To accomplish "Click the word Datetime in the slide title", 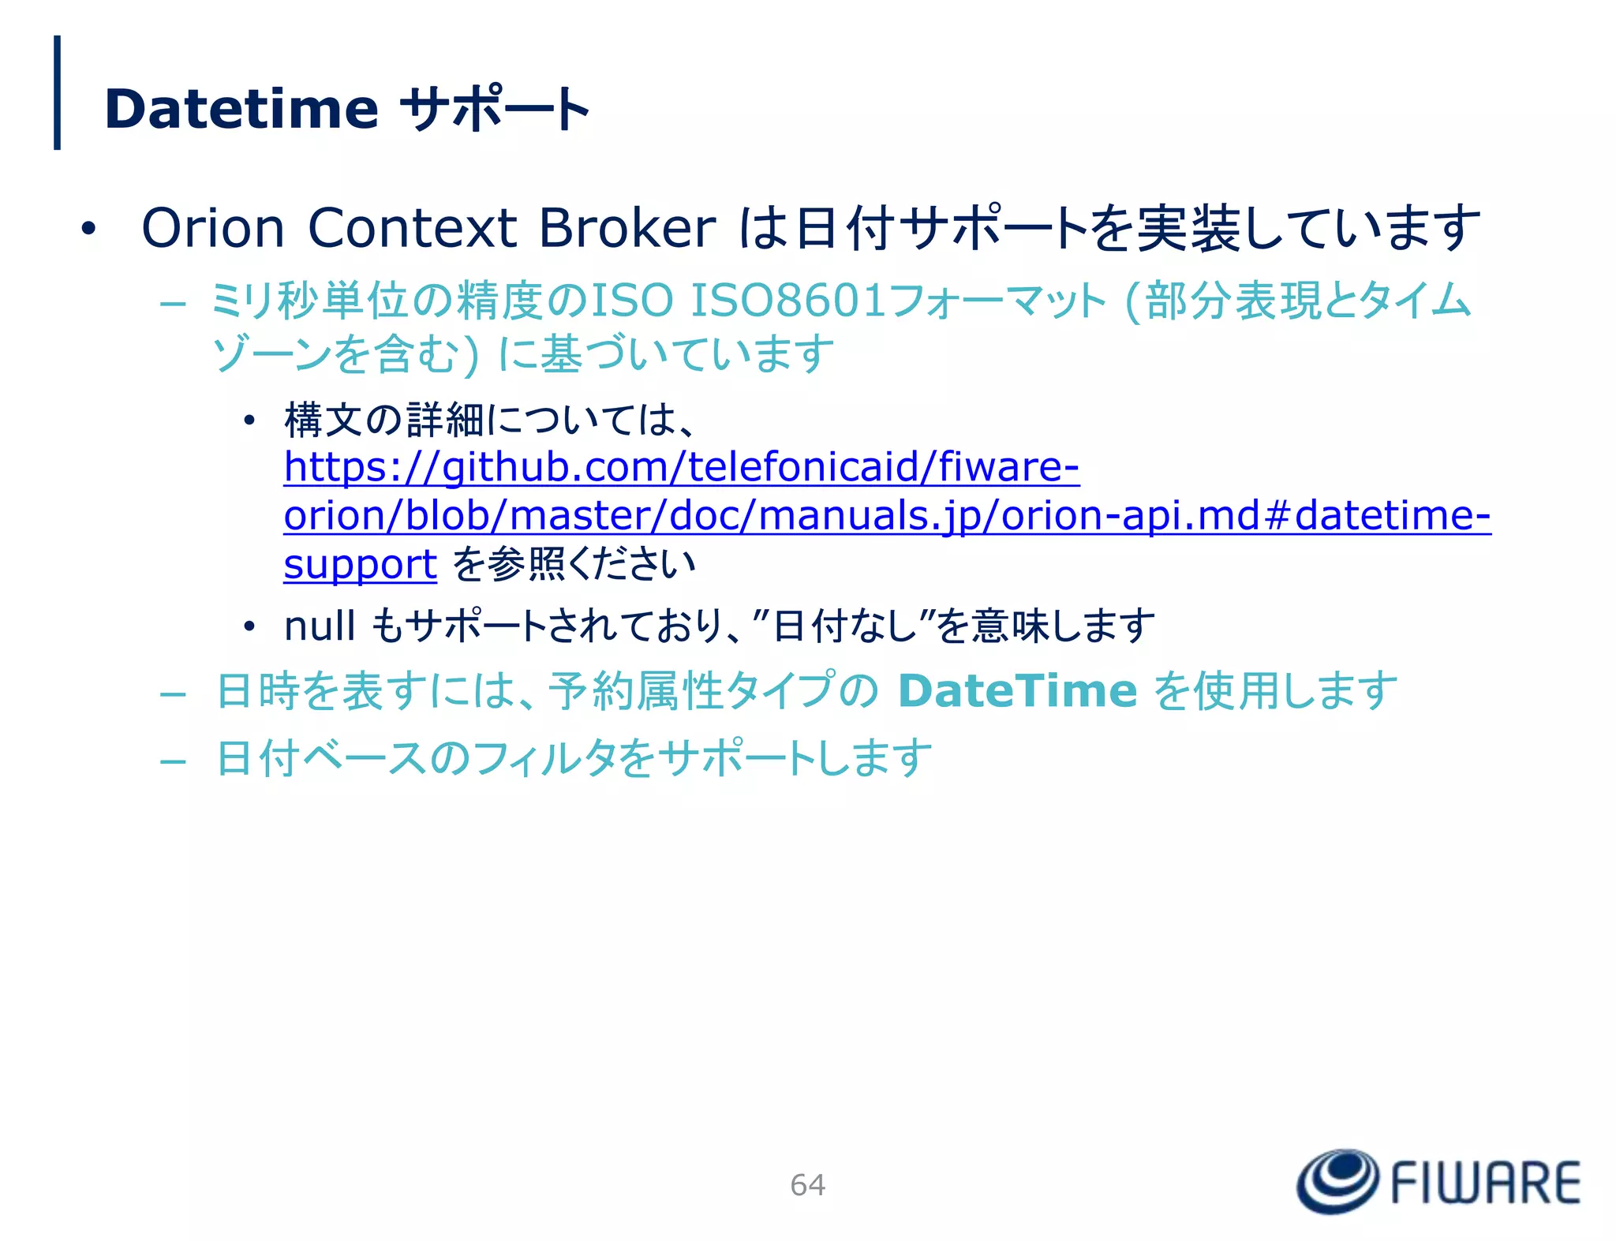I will [x=241, y=109].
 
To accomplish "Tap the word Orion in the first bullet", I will [x=213, y=229].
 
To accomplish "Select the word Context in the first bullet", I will [x=412, y=229].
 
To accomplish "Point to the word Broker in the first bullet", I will [x=627, y=229].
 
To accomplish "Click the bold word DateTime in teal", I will [x=1017, y=691].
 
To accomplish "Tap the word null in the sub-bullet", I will [x=319, y=626].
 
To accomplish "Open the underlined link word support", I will [x=360, y=565].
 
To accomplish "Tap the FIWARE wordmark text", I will [x=1485, y=1183].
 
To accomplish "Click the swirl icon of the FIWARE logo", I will [x=1337, y=1181].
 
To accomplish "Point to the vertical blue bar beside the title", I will [x=57, y=92].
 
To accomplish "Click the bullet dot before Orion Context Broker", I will [x=88, y=230].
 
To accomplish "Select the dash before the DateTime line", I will [x=173, y=695].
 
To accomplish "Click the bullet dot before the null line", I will [x=249, y=628].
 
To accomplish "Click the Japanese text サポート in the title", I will [x=496, y=109].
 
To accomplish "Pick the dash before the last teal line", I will [x=173, y=762].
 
